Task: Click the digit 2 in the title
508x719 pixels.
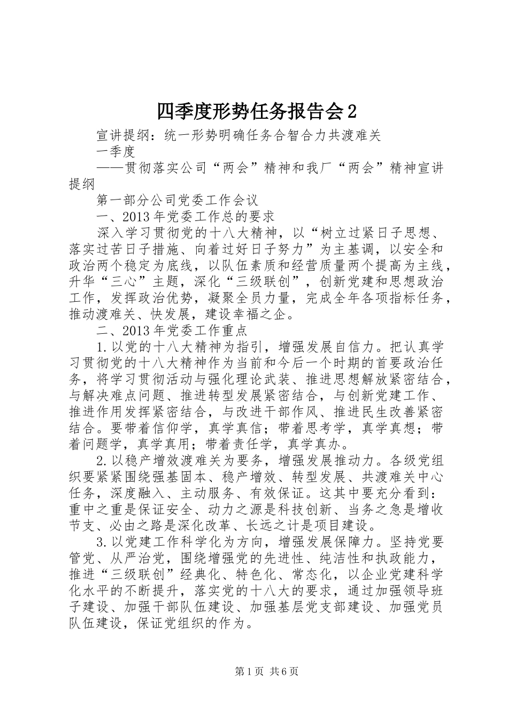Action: click(x=351, y=111)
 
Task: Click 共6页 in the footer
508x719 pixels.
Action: click(x=284, y=671)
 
